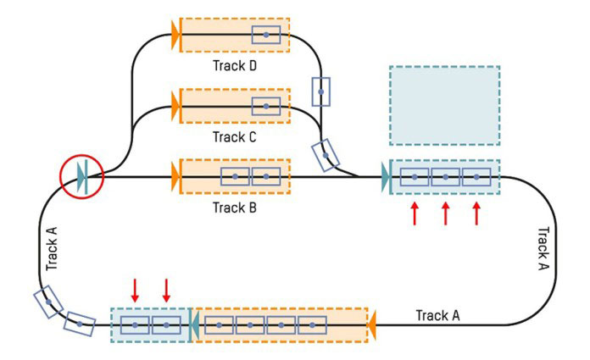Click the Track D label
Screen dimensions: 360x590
[236, 64]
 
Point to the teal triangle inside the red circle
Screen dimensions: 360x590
[83, 176]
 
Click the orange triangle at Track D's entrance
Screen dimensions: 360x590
[176, 34]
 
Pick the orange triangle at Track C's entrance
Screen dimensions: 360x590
[176, 106]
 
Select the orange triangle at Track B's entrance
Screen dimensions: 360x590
[176, 177]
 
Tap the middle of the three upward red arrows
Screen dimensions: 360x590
[445, 213]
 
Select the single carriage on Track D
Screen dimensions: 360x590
[266, 34]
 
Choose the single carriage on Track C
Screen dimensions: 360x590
[266, 106]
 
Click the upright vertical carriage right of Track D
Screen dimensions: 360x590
[320, 91]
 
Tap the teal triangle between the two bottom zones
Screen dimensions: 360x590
[192, 324]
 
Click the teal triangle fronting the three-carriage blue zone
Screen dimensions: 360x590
[387, 177]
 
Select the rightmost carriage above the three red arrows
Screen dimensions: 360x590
[476, 177]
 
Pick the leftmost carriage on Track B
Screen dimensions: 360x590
[235, 177]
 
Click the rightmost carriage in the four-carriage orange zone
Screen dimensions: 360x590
[312, 324]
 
